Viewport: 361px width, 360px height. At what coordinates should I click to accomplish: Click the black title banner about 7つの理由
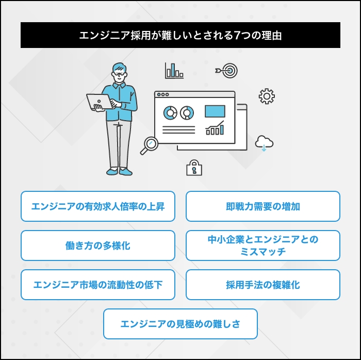180,35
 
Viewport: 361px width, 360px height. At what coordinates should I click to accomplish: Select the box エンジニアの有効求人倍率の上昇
98,206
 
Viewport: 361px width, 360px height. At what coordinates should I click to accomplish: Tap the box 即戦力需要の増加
263,206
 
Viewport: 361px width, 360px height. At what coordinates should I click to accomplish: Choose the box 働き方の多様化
98,246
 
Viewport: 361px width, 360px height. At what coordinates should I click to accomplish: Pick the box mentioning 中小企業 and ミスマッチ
263,246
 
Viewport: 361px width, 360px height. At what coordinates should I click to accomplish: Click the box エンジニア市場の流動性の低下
98,285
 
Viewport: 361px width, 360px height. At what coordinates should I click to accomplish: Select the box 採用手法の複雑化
263,285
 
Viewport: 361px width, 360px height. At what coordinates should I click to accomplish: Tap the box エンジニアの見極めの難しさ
180,324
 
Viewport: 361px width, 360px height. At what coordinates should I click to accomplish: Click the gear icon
267,96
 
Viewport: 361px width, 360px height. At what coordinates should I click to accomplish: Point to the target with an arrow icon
228,71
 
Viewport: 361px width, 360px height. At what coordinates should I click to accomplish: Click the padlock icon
194,168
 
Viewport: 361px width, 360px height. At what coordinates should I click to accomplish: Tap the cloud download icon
264,143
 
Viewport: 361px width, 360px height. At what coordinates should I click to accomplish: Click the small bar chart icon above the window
174,71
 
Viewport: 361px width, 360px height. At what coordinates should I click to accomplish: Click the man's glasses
120,74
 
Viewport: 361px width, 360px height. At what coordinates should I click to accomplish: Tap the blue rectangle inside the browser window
215,111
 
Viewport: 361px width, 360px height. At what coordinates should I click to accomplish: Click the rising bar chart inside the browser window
215,128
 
